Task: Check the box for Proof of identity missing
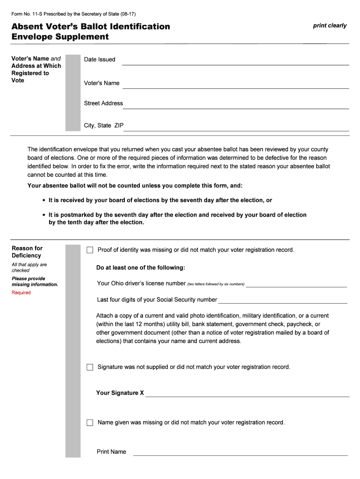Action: (90, 250)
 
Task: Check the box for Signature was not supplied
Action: (90, 367)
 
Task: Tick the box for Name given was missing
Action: (90, 423)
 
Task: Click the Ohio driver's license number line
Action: (296, 284)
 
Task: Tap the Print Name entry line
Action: (241, 453)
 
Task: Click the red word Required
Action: (21, 293)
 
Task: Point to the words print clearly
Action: (330, 26)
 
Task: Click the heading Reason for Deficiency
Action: (27, 252)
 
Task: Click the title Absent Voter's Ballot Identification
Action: (91, 26)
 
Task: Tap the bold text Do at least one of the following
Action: (141, 268)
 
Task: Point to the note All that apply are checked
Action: (29, 268)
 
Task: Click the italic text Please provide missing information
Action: (35, 282)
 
